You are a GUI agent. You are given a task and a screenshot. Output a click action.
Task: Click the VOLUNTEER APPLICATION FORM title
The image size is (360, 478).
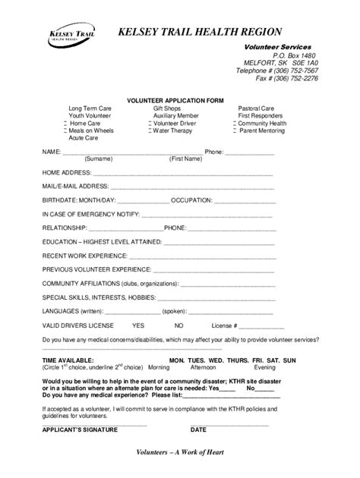[x=175, y=100]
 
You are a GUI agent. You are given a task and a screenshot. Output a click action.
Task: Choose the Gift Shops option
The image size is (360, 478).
[x=166, y=108]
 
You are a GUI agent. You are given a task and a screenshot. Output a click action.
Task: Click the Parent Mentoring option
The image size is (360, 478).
[x=264, y=131]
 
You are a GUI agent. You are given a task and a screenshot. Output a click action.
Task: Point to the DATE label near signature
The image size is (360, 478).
[x=199, y=429]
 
